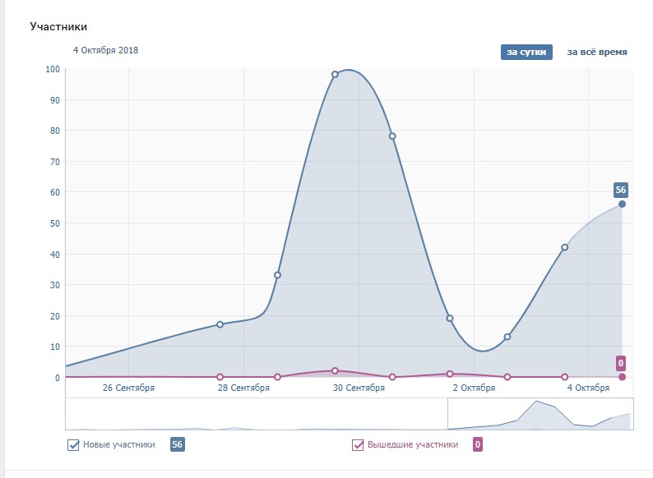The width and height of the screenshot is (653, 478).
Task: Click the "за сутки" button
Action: pos(526,52)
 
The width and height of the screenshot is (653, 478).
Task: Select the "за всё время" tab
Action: pos(597,52)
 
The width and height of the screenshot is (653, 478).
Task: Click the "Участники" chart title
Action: pos(58,27)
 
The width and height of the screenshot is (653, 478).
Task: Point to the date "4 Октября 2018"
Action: pos(105,50)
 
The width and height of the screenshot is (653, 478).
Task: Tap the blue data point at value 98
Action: pos(335,75)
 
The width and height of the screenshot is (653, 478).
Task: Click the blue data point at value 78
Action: pos(392,136)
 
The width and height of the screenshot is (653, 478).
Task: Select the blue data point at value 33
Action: pos(277,275)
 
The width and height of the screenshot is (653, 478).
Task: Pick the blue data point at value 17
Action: pos(220,324)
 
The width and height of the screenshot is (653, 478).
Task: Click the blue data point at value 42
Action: pos(565,247)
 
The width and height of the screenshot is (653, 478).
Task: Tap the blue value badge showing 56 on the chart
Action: pos(621,190)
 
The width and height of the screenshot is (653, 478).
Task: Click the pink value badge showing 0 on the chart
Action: pos(621,363)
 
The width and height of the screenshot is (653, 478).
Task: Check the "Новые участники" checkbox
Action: pos(73,445)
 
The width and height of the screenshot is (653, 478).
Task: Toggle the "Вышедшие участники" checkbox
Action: pos(358,445)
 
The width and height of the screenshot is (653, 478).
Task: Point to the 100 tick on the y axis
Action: pos(53,69)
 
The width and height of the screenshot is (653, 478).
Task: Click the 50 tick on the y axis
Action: pos(55,223)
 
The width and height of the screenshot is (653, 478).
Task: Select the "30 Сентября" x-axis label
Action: pos(358,388)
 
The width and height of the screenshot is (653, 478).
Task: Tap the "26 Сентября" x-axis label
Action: pos(128,388)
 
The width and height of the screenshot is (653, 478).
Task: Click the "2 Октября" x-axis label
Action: pos(474,388)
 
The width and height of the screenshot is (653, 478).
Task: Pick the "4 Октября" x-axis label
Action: pos(588,388)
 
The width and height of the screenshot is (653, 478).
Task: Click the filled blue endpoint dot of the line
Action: pos(622,204)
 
